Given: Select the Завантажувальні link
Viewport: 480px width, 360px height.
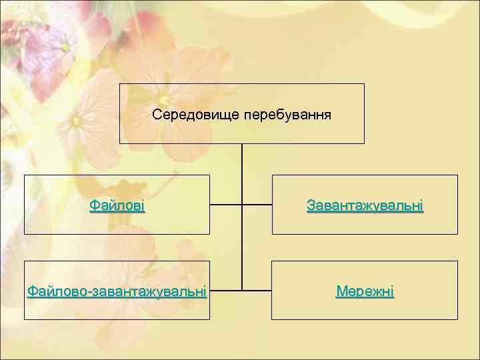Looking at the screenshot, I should (365, 205).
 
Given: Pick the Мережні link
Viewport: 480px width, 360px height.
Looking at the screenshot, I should (365, 291).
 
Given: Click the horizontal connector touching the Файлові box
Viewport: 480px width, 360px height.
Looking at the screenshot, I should (225, 204).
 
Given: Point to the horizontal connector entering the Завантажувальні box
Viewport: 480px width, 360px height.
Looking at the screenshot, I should (257, 204).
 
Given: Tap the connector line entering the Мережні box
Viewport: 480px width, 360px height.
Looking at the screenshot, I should (257, 291).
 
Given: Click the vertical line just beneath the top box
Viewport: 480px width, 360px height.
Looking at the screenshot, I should (242, 160).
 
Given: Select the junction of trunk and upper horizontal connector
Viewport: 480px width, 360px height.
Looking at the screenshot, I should (242, 204).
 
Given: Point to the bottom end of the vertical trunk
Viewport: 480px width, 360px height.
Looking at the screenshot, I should (242, 290).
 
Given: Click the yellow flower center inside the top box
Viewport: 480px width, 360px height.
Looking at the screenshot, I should (163, 100).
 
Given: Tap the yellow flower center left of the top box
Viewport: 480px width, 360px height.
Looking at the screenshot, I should (77, 121).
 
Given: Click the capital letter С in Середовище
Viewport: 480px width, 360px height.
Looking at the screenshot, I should (157, 115).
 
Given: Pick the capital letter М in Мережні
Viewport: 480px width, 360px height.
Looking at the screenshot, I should (341, 291).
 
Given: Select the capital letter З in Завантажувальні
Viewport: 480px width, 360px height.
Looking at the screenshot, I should (311, 205).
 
